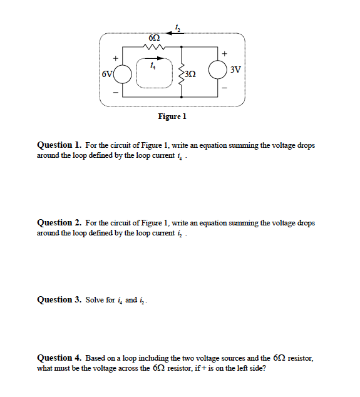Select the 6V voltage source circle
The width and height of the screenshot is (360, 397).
123,73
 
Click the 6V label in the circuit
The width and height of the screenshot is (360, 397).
108,73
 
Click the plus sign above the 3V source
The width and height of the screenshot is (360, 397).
224,53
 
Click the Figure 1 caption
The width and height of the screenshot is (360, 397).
172,116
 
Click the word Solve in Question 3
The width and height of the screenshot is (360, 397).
95,300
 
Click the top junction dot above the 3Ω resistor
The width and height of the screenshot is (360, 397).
182,46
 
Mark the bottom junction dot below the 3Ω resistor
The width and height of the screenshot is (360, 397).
182,98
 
